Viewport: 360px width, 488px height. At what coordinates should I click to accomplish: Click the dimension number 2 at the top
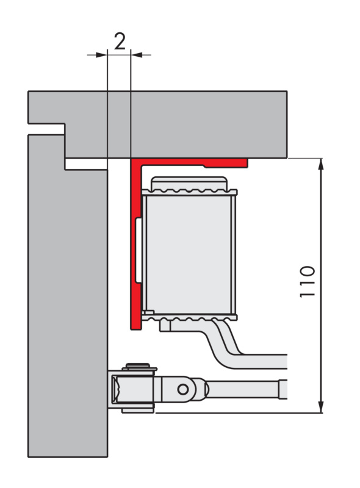coord(120,41)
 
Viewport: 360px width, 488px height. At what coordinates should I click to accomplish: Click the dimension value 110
coord(307,282)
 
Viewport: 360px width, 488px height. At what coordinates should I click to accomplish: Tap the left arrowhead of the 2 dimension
coord(101,55)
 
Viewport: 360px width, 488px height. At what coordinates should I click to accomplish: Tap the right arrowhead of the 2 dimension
coord(137,55)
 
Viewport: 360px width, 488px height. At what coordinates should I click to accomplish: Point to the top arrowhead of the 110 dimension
coord(322,164)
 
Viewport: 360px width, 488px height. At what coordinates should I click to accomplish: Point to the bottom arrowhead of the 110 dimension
coord(322,407)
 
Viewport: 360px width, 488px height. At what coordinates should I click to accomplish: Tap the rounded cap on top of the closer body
coord(189,183)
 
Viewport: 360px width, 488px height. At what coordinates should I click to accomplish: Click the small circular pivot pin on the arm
coord(183,389)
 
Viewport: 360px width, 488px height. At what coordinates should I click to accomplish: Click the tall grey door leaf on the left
coord(68,296)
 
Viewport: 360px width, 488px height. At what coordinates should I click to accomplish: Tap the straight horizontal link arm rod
coord(246,389)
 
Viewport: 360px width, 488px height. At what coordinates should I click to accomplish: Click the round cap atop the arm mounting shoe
coord(137,365)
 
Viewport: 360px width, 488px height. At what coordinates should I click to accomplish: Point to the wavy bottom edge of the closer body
coord(189,318)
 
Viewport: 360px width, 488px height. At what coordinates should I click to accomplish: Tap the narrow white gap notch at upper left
coord(47,129)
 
